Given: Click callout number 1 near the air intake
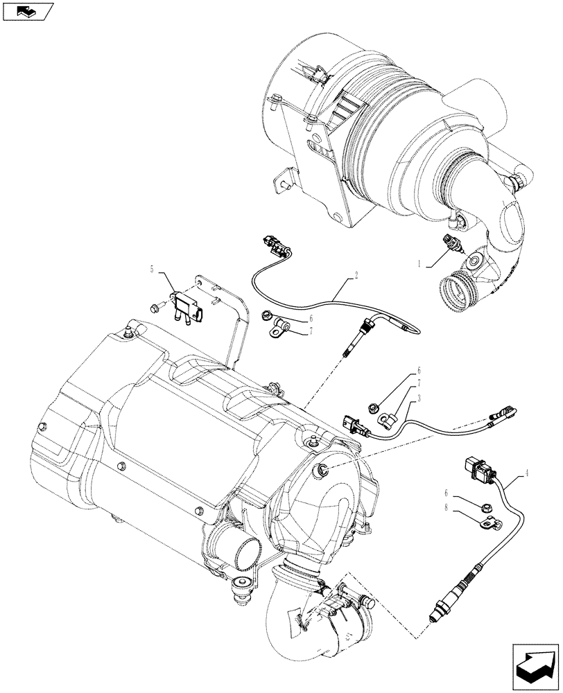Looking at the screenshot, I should pyautogui.click(x=420, y=263).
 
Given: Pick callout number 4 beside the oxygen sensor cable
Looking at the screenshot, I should pyautogui.click(x=528, y=473).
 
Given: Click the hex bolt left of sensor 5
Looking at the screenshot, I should pyautogui.click(x=155, y=307).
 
